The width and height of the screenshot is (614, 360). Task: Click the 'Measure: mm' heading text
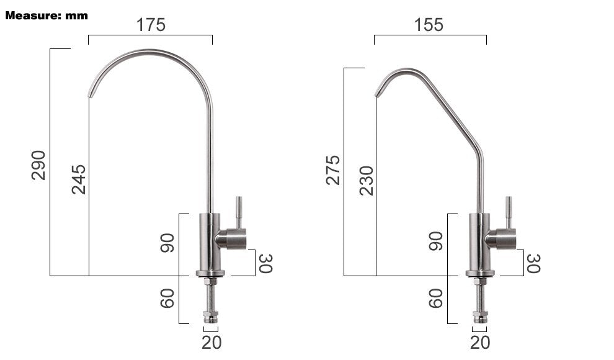coord(47,16)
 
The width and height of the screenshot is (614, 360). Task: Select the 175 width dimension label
coord(151,25)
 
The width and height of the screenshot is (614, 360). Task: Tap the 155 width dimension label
coord(429,25)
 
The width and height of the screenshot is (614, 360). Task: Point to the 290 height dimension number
coord(38,165)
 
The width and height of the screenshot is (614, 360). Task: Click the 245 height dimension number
coord(79,179)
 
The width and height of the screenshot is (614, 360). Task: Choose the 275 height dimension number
coord(333,170)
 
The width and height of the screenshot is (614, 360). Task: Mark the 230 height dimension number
coord(367,181)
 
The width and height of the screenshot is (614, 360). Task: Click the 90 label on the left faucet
coord(167,243)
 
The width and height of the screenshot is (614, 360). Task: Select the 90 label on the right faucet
coord(436,241)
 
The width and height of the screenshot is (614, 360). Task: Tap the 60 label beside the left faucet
coord(167,299)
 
